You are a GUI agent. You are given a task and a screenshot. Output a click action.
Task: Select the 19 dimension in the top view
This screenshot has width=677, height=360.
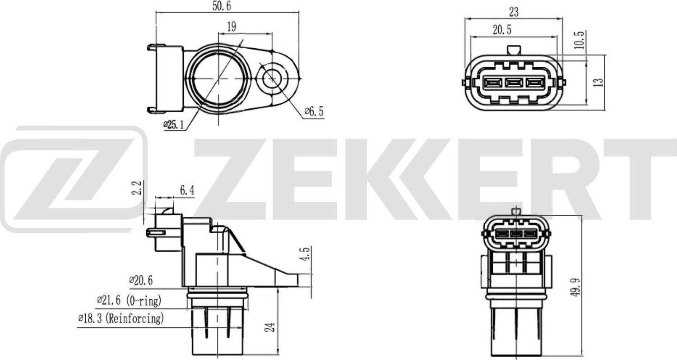[x=231, y=27]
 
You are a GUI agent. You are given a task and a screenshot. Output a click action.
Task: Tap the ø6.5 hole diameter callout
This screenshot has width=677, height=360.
[x=314, y=111]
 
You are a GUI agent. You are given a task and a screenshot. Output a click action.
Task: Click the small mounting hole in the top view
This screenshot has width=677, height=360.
[x=271, y=78]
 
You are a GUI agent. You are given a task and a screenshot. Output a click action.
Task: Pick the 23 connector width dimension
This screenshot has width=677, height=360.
[x=514, y=12]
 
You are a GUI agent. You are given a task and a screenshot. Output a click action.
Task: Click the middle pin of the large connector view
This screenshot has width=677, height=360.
[x=514, y=83]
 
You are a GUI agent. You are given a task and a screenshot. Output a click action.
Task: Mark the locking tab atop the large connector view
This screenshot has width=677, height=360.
[x=514, y=50]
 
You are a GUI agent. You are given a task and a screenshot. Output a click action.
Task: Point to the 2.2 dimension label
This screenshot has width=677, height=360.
[x=139, y=188]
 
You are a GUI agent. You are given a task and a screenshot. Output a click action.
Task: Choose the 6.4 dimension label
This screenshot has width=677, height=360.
[x=187, y=191]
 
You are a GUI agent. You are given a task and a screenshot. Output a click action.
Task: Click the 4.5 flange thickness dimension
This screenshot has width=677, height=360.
[x=306, y=254]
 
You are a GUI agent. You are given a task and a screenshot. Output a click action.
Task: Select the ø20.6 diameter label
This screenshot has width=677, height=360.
[x=141, y=281]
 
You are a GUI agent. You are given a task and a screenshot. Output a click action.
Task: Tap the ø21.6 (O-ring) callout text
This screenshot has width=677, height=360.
[x=129, y=300]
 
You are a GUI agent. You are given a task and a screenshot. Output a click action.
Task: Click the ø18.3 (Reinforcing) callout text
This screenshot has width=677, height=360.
[x=121, y=319]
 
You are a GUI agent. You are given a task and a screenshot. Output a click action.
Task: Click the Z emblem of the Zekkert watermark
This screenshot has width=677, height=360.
[x=72, y=179]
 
